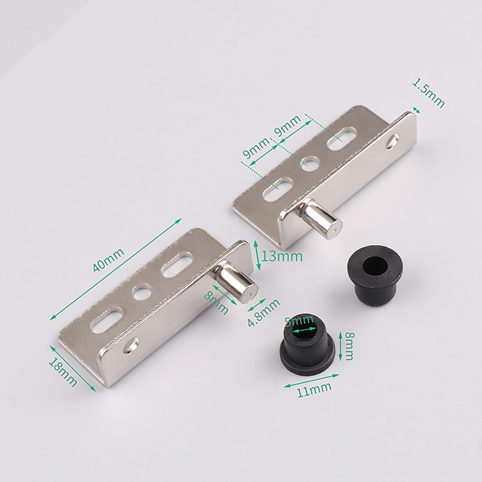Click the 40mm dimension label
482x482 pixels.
(x=108, y=260)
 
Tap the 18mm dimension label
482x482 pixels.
(x=63, y=372)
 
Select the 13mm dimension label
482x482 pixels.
(x=282, y=256)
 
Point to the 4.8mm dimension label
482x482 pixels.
(x=264, y=313)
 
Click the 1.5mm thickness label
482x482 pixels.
(x=428, y=93)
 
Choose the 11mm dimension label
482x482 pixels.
(x=314, y=389)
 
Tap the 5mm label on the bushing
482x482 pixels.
(x=299, y=321)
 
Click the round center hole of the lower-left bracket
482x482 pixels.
(x=142, y=292)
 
